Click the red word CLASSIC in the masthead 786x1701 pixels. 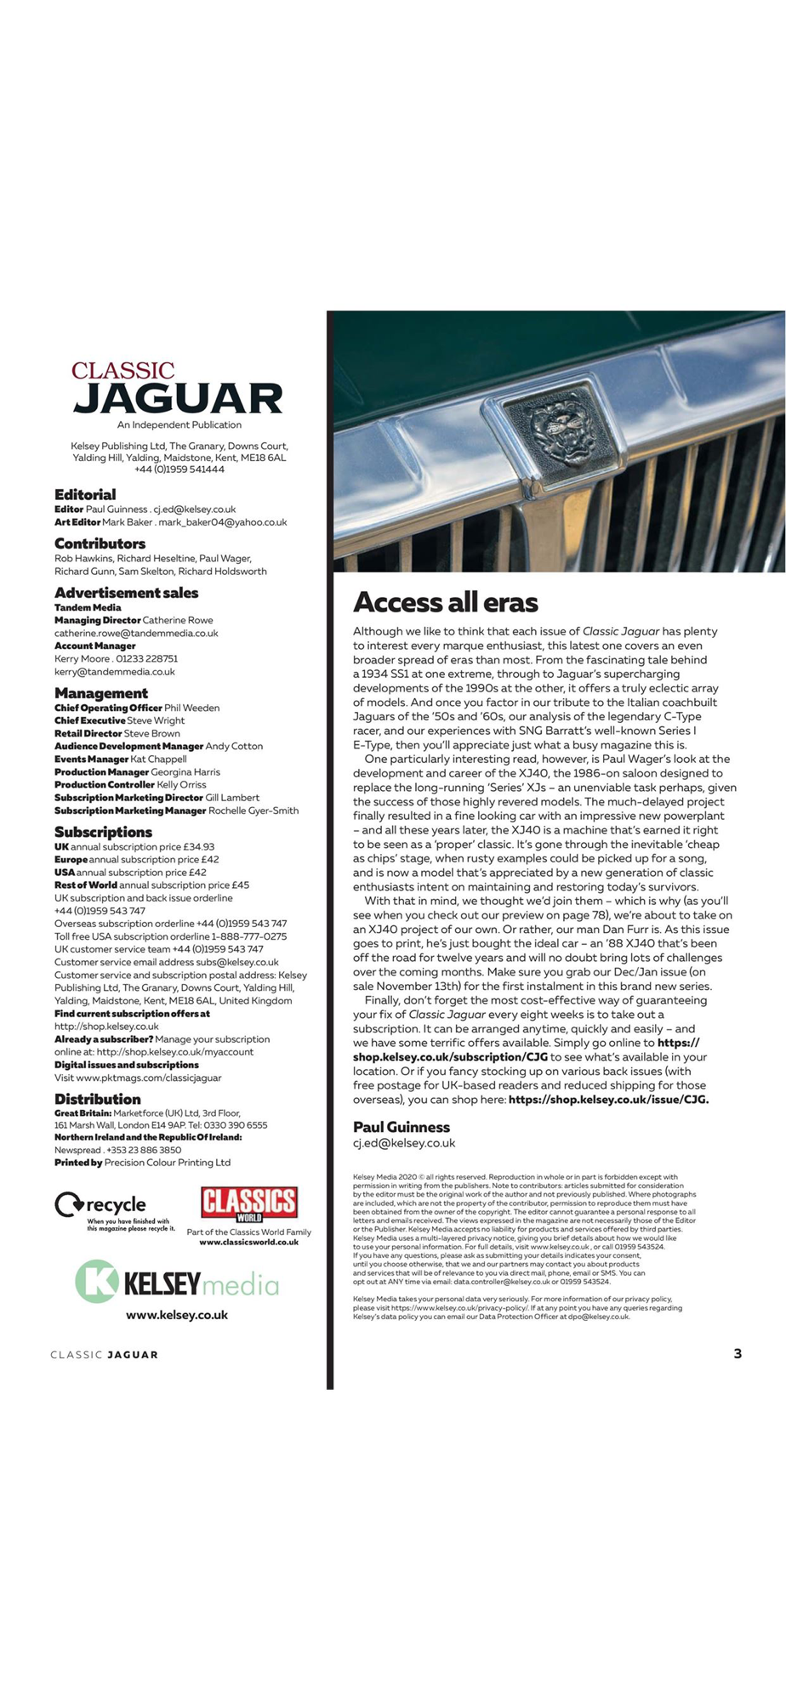click(x=122, y=371)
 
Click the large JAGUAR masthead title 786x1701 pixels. click(x=178, y=398)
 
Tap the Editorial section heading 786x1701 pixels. click(x=85, y=494)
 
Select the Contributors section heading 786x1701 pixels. click(x=100, y=543)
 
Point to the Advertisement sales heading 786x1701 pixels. click(x=126, y=593)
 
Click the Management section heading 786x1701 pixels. click(x=100, y=693)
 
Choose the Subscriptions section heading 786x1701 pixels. click(x=103, y=832)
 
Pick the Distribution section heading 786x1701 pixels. click(x=97, y=1099)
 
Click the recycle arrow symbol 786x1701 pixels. click(x=68, y=1205)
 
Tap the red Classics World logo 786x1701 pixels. click(x=248, y=1203)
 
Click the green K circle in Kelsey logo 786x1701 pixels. click(x=96, y=1282)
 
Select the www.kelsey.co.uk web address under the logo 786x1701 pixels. click(x=177, y=1315)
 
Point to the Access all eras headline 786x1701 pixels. click(x=445, y=603)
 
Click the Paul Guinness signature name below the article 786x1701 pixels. click(x=401, y=1127)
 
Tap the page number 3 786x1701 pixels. click(x=738, y=1354)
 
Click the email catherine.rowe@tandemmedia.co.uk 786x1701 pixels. click(x=136, y=633)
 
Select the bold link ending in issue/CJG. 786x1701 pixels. click(x=608, y=1100)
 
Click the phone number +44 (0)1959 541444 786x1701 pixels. click(x=179, y=469)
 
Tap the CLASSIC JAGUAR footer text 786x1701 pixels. click(x=104, y=1355)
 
